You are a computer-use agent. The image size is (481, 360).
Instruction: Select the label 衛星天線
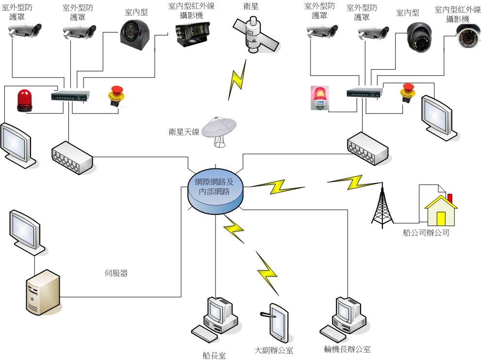tap(184, 131)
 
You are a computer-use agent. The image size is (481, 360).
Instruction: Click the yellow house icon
tap(441, 209)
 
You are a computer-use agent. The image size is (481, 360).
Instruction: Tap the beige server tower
tap(42, 292)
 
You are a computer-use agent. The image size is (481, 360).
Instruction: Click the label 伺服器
tap(116, 273)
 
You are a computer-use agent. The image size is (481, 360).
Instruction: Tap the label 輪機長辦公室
tap(347, 349)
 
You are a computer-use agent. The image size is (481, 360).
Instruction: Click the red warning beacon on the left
tap(24, 100)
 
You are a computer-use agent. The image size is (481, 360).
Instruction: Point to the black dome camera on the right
tap(419, 37)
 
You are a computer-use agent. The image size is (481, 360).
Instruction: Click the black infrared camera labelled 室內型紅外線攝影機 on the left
tap(191, 33)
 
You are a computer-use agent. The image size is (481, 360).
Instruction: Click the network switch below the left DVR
tap(72, 157)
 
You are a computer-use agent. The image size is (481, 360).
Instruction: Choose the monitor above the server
tap(28, 232)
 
